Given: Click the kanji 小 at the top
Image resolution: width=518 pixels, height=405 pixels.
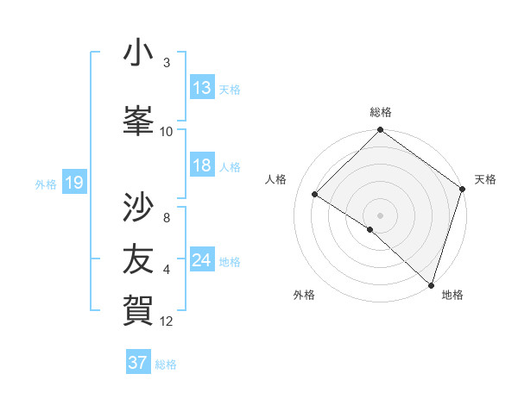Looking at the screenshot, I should click(138, 53).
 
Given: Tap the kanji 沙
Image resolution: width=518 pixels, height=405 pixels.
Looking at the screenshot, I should click(138, 208).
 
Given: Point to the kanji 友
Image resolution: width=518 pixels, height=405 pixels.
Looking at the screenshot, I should click(138, 258).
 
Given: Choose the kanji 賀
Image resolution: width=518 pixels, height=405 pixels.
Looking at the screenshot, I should click(138, 308).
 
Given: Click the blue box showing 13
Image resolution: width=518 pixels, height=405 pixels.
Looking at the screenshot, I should click(202, 88).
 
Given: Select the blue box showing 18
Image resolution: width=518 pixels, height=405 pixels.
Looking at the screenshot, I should click(202, 165).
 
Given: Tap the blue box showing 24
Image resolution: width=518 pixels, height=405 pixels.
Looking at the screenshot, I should click(202, 260).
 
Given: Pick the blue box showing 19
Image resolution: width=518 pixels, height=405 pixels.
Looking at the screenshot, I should click(73, 183).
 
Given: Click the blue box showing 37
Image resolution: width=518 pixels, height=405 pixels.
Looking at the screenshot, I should click(138, 363).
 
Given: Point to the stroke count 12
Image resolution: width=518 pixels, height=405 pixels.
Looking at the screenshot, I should click(167, 321).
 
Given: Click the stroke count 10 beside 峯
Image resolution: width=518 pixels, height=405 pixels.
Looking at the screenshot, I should click(167, 132).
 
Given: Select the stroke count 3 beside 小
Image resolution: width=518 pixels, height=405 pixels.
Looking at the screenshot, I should click(167, 63).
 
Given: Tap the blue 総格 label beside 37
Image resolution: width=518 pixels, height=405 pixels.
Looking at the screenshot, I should click(166, 364).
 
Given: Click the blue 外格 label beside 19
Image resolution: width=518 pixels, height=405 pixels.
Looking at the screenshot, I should click(45, 184).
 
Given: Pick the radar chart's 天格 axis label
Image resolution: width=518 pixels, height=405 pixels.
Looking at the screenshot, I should click(485, 179).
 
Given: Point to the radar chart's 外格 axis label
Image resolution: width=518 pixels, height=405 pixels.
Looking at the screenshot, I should click(304, 295).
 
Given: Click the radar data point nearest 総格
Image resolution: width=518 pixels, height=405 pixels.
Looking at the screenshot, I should click(380, 131).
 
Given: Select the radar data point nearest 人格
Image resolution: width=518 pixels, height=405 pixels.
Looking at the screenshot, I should click(315, 195).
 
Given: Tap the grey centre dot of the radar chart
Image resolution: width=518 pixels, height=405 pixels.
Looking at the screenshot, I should click(380, 215).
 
